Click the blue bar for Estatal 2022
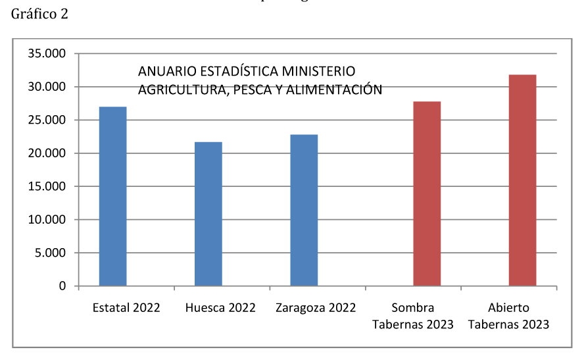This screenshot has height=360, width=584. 112,196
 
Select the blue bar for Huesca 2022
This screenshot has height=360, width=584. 208,214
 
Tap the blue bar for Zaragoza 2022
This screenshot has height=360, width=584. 304,210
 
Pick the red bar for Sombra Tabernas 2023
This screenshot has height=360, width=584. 427,193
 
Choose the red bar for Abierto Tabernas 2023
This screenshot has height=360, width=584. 522,180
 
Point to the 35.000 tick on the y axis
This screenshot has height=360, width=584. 47,54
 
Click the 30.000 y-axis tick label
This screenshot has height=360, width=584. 47,87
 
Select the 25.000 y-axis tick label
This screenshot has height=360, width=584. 47,120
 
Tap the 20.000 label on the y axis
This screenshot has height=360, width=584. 47,153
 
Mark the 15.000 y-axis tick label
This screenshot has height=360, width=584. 47,187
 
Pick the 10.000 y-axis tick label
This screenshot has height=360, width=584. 47,220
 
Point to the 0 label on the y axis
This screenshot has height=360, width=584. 62,286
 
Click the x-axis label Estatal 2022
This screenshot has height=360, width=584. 126,308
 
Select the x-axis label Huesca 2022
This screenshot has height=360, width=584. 220,308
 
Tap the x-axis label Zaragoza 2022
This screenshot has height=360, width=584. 316,308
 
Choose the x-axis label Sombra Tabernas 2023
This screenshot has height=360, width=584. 413,316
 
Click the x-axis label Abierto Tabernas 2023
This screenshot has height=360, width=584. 509,316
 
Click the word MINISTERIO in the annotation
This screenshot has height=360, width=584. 319,71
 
